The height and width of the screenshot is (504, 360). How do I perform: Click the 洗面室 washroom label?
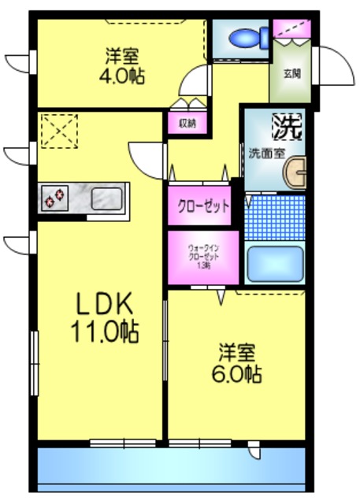coord(267,153)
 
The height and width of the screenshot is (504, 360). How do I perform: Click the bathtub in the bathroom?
coord(275,264)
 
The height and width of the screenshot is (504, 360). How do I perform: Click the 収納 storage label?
coord(187,123)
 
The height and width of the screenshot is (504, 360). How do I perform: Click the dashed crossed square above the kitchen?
coord(60,131)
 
